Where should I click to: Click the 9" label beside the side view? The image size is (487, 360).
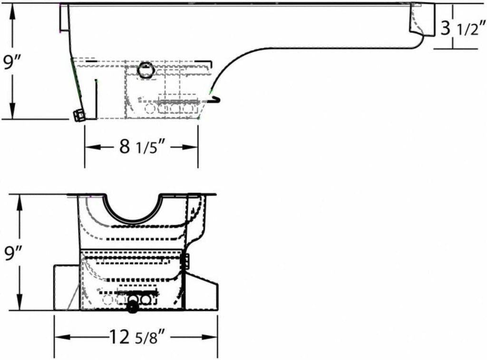click(x=10, y=62)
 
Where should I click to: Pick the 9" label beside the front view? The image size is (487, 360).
click(x=10, y=253)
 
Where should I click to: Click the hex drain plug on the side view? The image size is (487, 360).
click(x=79, y=115)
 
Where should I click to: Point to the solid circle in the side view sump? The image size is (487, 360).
click(x=146, y=70)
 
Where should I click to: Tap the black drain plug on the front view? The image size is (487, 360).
click(x=133, y=306)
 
